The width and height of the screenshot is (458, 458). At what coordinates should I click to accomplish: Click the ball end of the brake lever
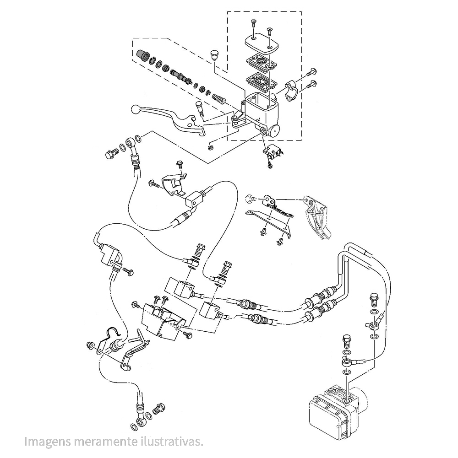click(x=136, y=110)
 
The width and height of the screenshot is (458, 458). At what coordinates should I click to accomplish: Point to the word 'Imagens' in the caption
click(x=45, y=442)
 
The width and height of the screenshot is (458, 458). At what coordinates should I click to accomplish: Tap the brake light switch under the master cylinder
click(x=273, y=151)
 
